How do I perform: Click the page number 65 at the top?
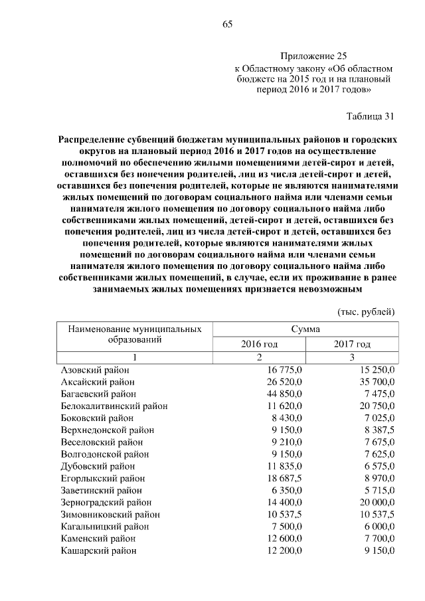(x=226, y=25)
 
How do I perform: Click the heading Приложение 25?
(x=313, y=56)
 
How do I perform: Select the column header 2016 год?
(x=259, y=345)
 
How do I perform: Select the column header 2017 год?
(x=351, y=345)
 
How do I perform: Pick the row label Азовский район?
(x=95, y=370)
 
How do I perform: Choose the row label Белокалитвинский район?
(x=114, y=406)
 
